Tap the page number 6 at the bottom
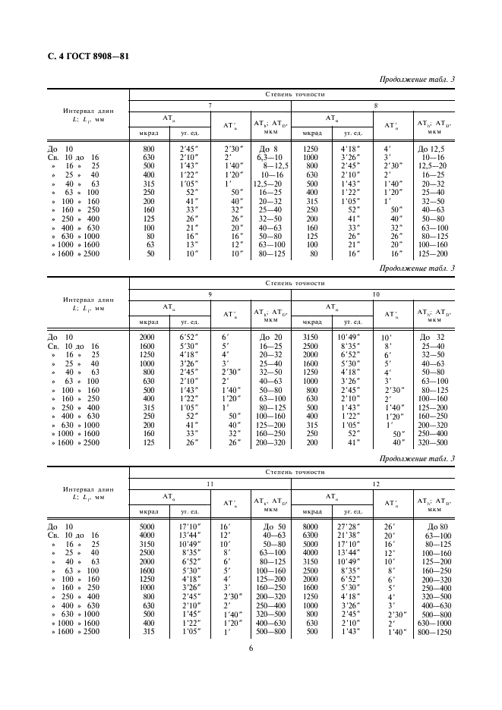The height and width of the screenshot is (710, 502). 251,647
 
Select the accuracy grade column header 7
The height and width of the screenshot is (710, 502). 210,106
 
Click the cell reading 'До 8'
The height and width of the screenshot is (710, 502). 270,149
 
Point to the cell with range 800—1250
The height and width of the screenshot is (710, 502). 434,632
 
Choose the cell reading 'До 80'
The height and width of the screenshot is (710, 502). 434,526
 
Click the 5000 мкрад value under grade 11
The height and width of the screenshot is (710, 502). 149,526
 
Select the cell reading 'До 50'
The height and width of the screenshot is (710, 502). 270,526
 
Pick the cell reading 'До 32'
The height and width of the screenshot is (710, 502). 434,337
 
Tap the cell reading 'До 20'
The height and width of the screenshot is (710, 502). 270,337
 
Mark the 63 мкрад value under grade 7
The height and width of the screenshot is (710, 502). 149,246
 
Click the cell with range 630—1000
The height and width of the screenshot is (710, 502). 434,623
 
